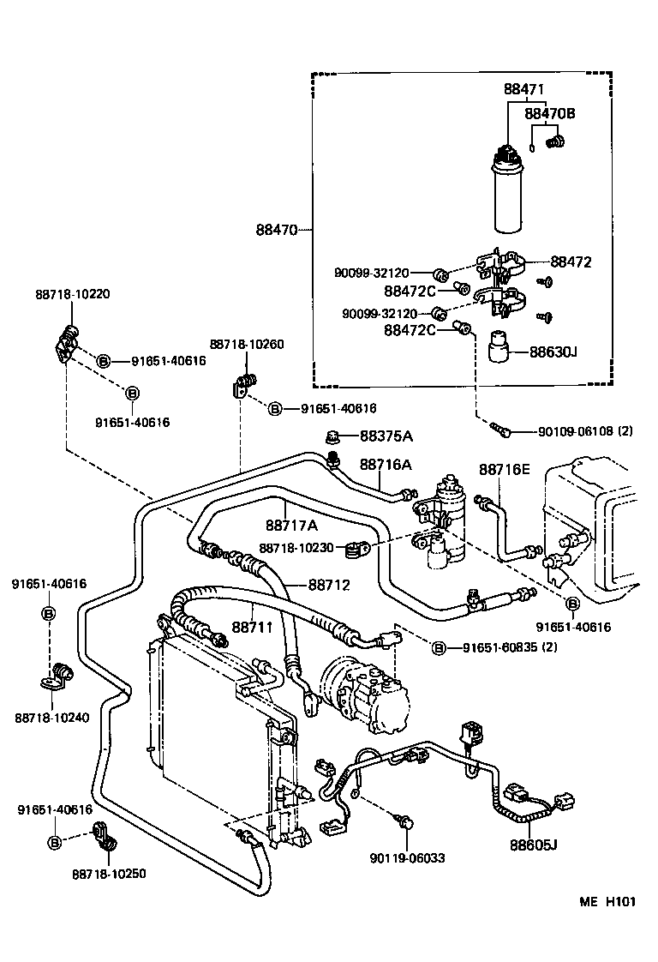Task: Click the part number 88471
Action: (x=523, y=89)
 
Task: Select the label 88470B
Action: (x=549, y=113)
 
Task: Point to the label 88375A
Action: (x=386, y=436)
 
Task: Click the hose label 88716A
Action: (x=386, y=464)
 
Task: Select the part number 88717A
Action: (x=291, y=525)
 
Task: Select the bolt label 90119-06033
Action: (x=408, y=857)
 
